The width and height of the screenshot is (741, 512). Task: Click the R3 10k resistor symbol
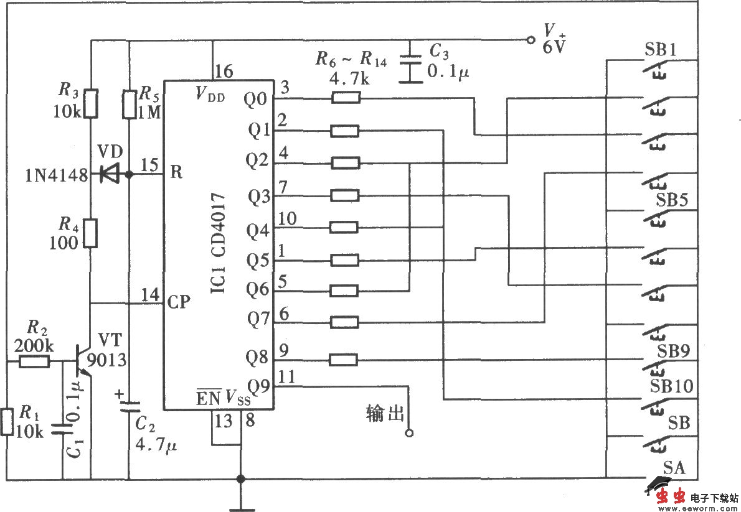[91, 103]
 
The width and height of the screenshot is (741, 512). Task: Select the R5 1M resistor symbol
[129, 104]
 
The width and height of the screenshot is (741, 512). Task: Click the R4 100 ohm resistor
[91, 231]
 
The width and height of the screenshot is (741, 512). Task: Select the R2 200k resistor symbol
[34, 361]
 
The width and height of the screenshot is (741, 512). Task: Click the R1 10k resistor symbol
[7, 421]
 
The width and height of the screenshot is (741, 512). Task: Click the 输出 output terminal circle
[409, 432]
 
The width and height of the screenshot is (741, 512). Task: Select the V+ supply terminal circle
[531, 40]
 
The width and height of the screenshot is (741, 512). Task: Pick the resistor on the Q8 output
[344, 360]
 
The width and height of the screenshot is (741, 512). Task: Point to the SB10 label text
[671, 386]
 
